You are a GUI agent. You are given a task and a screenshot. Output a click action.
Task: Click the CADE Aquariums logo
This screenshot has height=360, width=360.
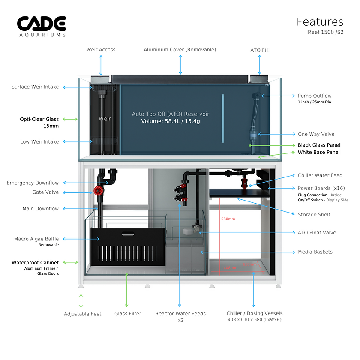[42, 26]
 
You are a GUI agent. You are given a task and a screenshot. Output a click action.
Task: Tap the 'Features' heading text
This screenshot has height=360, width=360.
[320, 22]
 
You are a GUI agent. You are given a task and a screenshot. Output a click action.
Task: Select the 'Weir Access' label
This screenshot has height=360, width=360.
[101, 50]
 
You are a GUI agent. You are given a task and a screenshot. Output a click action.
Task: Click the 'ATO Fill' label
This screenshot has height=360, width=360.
[259, 50]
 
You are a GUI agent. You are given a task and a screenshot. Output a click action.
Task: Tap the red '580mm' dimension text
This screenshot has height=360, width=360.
[228, 219]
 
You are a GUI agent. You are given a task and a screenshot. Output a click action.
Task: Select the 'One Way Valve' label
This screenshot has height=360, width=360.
[316, 134]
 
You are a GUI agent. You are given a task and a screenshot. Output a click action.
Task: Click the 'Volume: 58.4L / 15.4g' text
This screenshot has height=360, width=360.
[171, 121]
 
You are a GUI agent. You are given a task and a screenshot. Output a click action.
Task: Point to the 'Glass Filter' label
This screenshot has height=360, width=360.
[128, 314]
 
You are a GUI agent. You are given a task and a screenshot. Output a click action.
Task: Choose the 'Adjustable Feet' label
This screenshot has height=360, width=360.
[83, 314]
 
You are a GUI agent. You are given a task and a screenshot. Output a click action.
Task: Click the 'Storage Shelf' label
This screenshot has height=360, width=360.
[314, 214]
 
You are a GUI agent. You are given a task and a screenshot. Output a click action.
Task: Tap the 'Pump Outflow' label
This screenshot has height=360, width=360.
[315, 96]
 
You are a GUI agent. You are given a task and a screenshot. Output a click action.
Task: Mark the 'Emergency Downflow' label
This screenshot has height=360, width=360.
[33, 183]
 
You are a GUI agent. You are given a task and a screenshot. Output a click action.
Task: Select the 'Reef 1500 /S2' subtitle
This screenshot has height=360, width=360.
[325, 32]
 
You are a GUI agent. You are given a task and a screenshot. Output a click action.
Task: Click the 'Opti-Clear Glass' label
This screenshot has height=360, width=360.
[39, 119]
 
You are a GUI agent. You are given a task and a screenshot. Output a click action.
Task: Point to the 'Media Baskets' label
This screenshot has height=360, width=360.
[315, 252]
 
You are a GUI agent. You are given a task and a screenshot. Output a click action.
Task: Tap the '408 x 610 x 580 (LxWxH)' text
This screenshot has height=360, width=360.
[254, 320]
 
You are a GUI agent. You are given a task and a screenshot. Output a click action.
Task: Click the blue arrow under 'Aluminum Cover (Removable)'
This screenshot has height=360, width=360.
[180, 65]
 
